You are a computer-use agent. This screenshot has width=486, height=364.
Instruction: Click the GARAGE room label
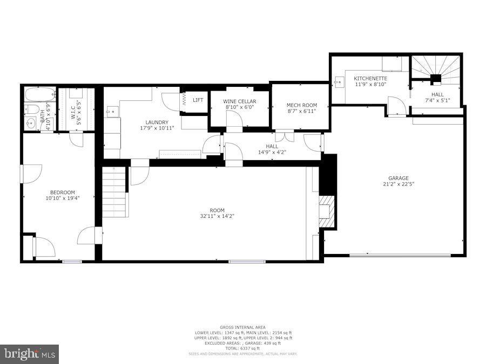pos(399,178)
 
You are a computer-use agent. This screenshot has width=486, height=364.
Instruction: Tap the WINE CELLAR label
pos(239,101)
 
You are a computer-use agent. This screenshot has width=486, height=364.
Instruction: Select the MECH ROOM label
pos(301,105)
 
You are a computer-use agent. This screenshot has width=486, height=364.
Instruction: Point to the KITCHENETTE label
pos(370,78)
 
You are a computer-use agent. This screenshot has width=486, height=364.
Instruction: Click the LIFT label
pos(198,100)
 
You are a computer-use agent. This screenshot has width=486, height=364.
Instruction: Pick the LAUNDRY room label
pos(157,122)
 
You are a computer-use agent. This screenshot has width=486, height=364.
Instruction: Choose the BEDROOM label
pos(63,193)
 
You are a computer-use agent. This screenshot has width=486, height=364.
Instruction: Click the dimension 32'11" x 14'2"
pos(217,216)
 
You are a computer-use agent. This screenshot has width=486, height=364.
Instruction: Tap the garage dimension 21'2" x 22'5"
pos(399,184)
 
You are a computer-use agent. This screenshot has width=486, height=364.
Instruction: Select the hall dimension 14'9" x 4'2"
pos(272,152)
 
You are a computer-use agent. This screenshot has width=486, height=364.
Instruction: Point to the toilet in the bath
pos(31,111)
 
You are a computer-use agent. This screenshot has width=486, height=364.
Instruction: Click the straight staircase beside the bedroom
pos(114,191)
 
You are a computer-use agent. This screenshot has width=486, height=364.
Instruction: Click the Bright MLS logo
pos(30,354)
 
